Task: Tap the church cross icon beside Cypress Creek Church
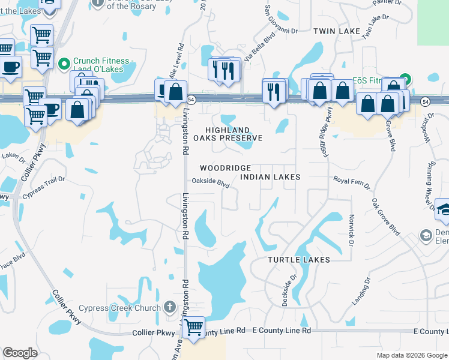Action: pos(170,308)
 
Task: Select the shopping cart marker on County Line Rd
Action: pos(193,328)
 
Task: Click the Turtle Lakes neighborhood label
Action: pos(299,260)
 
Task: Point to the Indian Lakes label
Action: pos(270,177)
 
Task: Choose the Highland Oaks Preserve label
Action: pos(234,134)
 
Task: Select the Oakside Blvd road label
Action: pos(211,182)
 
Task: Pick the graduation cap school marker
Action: pos(443,209)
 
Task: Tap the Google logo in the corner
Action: pos(20,353)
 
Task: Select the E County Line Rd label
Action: pos(282,331)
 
